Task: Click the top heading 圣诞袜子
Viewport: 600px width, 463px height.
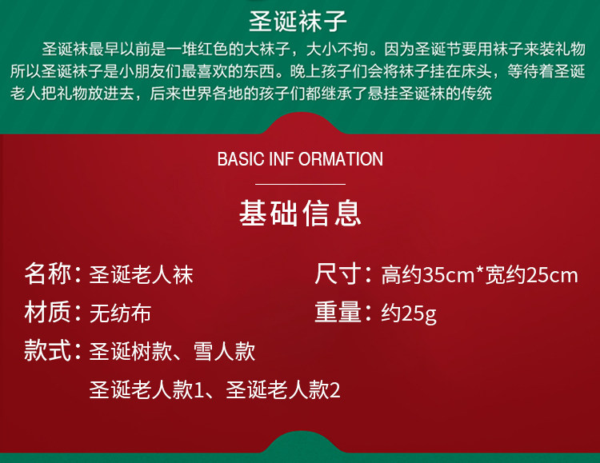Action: pos(298,22)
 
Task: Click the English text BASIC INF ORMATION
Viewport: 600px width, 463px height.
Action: pos(300,159)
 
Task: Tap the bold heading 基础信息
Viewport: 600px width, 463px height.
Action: pos(300,213)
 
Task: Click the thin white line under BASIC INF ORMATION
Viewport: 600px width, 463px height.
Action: pos(300,184)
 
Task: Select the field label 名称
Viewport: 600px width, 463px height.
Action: pos(48,274)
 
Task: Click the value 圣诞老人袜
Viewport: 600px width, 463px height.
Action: pos(141,275)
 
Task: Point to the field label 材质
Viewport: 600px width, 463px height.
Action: pos(48,312)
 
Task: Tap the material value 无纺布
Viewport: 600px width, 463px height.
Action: pos(120,313)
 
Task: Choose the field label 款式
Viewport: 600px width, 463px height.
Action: pos(48,350)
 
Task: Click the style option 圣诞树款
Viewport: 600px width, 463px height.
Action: pos(131,351)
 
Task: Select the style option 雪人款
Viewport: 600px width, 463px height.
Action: pos(224,351)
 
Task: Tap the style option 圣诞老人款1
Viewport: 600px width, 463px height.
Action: pos(146,390)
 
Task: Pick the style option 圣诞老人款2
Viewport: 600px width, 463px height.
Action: pos(282,390)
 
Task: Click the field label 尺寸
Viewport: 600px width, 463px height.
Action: pos(338,274)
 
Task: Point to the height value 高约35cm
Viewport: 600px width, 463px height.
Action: pos(428,275)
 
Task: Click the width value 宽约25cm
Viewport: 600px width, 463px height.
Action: pos(531,275)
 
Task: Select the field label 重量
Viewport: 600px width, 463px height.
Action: pos(338,312)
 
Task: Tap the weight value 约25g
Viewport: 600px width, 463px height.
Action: pos(409,314)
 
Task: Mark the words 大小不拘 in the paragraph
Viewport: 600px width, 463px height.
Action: pos(337,50)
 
